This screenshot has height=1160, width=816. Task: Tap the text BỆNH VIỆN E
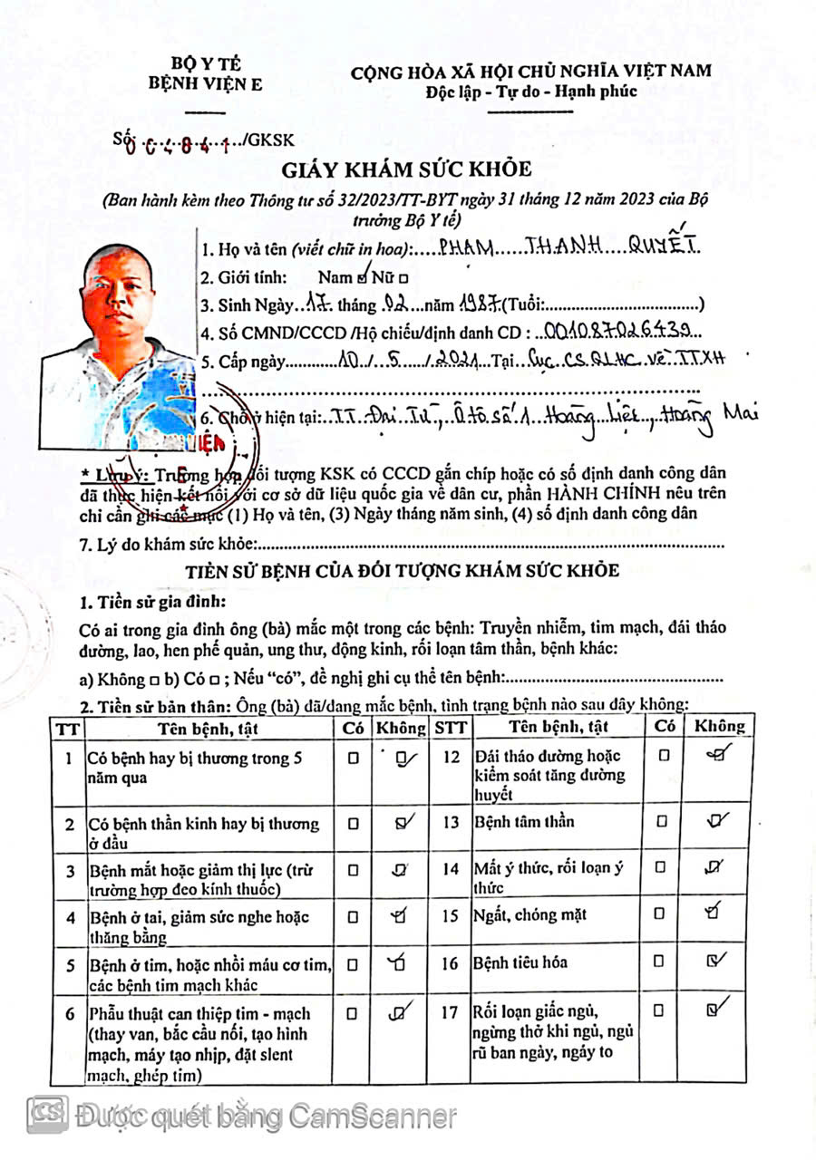pos(207,85)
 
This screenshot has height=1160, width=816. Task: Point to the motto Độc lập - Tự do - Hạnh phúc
pos(531,91)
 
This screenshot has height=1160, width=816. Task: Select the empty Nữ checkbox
pos(403,279)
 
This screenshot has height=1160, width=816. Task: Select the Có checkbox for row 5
pos(353,962)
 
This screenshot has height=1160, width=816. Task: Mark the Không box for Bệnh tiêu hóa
pos(714,962)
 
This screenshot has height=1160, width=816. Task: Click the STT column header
pos(450,727)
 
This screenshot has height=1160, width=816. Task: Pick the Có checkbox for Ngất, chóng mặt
pos(663,914)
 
